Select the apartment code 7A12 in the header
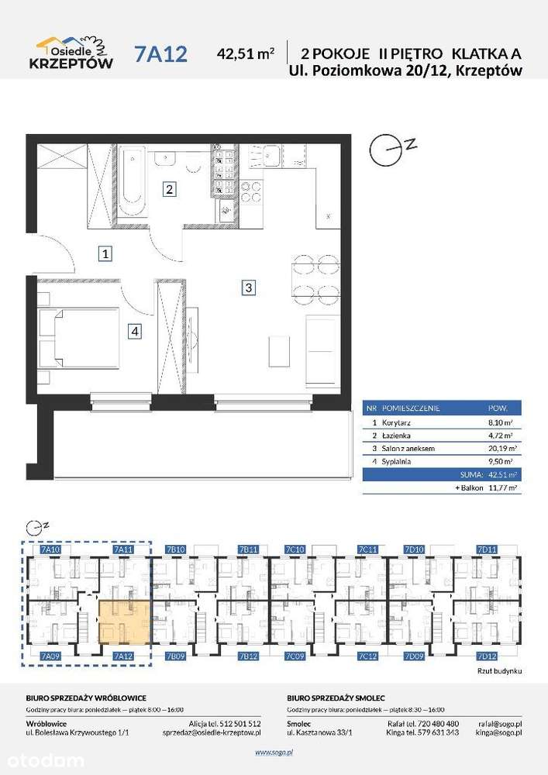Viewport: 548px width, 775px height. click(x=160, y=53)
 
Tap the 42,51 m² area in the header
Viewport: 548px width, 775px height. click(x=246, y=54)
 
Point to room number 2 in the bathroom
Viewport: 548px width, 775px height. click(x=168, y=188)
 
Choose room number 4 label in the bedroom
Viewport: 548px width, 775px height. click(x=135, y=332)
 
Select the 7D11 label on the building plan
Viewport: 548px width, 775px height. click(x=487, y=549)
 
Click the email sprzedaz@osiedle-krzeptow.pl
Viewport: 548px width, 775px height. click(x=212, y=732)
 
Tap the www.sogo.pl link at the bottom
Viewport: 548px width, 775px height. click(x=274, y=751)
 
